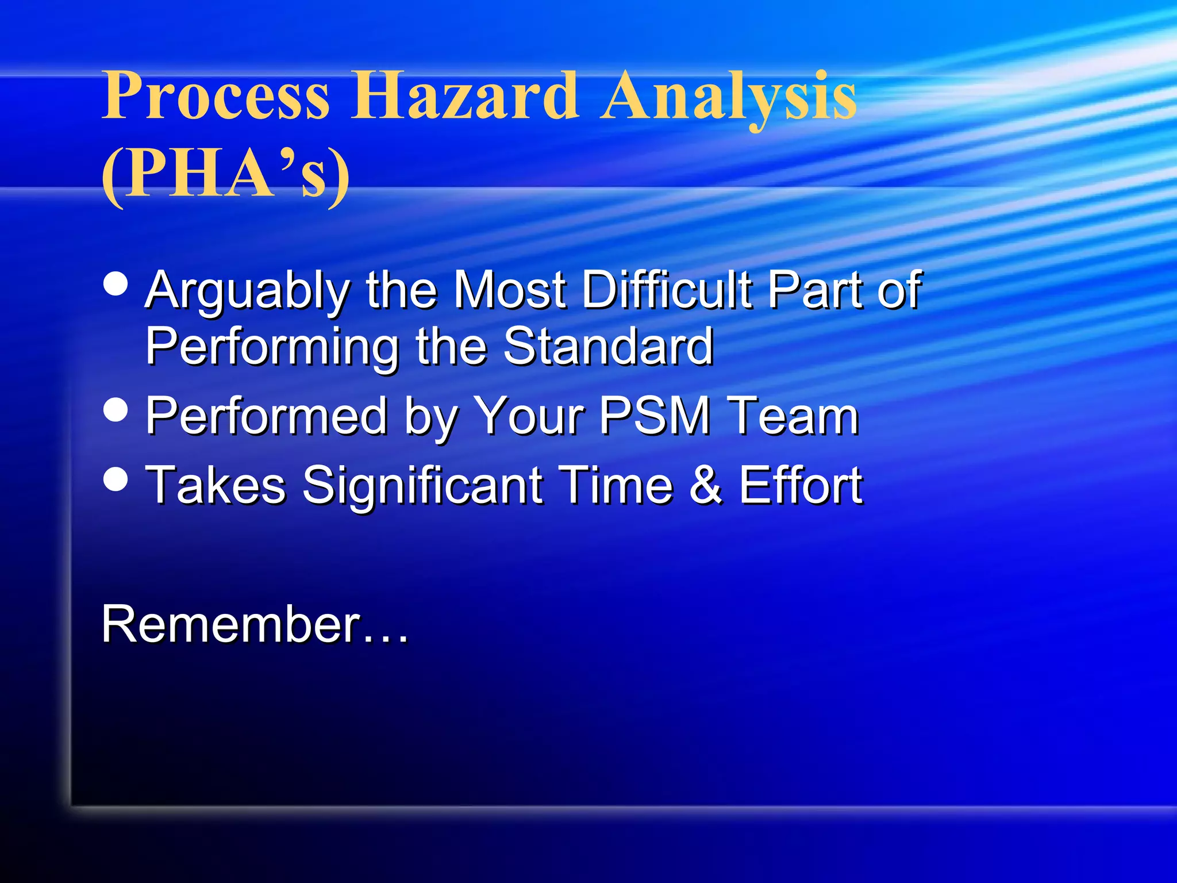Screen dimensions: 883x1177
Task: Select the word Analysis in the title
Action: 728,95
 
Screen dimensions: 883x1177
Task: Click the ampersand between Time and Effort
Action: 706,486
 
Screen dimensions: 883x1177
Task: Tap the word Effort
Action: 801,485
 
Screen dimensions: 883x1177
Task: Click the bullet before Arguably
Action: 116,283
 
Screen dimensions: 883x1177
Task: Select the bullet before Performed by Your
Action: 116,410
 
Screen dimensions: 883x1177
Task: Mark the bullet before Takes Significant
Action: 116,479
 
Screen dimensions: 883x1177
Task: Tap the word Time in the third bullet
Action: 616,485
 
